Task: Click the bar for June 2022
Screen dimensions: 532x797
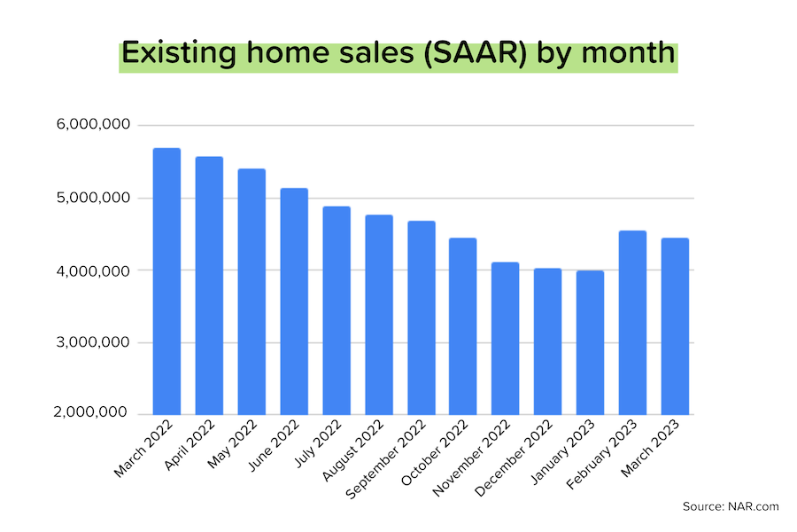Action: point(294,301)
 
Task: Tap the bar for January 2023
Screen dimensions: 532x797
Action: point(590,342)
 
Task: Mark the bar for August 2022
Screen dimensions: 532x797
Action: point(379,315)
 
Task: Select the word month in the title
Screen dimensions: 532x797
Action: point(631,54)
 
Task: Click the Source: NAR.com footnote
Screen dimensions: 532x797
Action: point(731,506)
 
